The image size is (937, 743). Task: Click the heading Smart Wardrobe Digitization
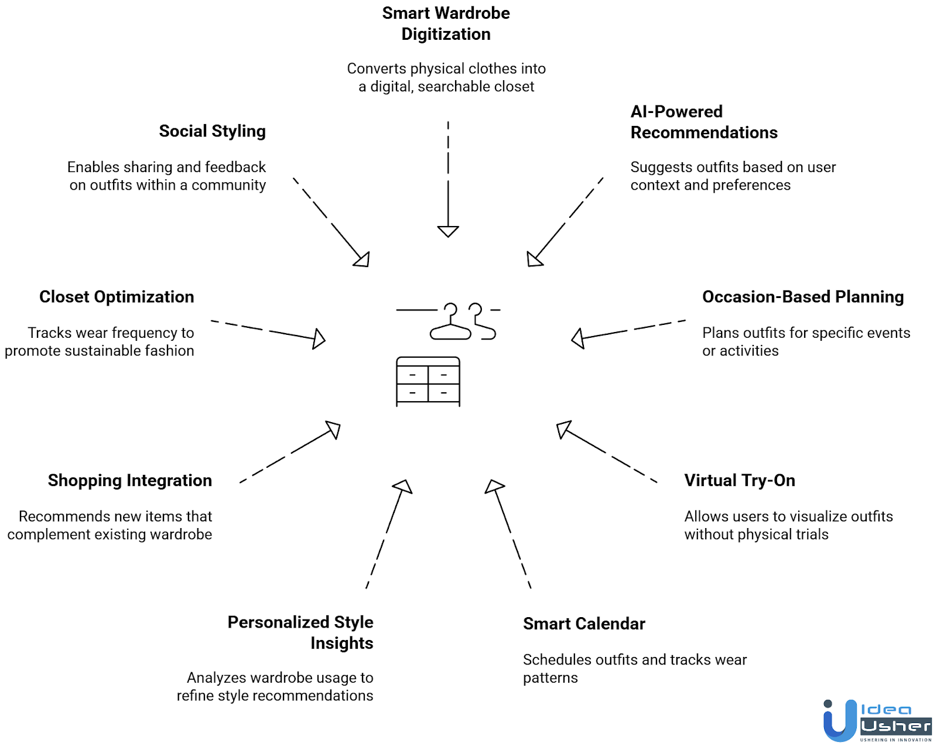coord(446,23)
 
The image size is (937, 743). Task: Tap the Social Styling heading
coord(212,131)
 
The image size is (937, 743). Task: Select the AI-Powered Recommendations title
coord(703,122)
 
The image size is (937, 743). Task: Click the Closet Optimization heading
coord(117,297)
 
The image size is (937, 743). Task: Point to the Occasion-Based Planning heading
coord(802,297)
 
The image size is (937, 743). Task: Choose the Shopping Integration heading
coord(130,480)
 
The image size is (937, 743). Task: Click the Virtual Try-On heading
coord(739,480)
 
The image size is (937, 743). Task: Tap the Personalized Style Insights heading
coord(300,632)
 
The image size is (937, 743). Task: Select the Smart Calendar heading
coord(584,624)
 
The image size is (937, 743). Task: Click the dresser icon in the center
coord(428,381)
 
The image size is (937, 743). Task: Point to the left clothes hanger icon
coord(450,323)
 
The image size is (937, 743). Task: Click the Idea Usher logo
coord(877,721)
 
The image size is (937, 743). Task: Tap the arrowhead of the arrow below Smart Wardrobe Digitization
coord(448,231)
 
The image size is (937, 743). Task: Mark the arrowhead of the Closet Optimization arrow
coord(319,338)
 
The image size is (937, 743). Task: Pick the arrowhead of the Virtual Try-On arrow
coord(563,429)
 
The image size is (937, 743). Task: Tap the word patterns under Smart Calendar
coord(550,678)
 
